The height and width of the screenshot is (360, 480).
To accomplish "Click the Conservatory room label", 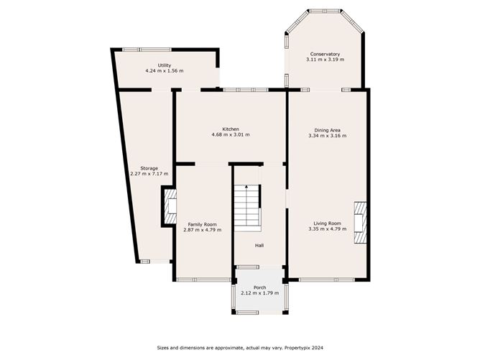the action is tap(325, 54).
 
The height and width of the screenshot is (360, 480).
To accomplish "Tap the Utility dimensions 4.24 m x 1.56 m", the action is tap(165, 70).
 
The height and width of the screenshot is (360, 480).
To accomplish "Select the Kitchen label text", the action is tap(231, 129).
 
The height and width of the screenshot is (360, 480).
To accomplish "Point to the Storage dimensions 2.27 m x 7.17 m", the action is tap(149, 174).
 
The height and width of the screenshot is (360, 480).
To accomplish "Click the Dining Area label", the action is tap(327, 130).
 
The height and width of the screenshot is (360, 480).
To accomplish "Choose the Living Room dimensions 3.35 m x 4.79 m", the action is tap(328, 229).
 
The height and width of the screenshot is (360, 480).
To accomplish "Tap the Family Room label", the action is tap(202, 224).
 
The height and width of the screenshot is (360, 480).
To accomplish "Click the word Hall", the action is tap(259, 245).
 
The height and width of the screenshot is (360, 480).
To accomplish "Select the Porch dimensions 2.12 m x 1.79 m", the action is tap(260, 293).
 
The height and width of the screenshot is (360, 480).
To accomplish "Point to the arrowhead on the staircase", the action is tap(246, 186).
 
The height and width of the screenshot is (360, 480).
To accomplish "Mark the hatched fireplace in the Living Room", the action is tap(360, 223).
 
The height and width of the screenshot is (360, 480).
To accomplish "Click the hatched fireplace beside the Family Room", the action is tap(170, 206).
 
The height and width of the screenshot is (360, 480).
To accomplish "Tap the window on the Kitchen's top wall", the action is tap(246, 90).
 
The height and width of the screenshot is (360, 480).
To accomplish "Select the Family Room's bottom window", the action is tap(203, 280).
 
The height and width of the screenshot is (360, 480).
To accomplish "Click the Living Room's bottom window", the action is tap(327, 280).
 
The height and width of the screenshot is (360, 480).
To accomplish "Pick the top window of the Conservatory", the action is tap(325, 11).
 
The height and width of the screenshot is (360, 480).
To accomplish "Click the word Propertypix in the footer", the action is tap(295, 348).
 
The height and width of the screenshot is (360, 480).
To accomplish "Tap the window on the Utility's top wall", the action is tap(147, 50).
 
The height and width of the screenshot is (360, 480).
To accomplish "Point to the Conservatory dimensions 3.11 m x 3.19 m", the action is tap(325, 60).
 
